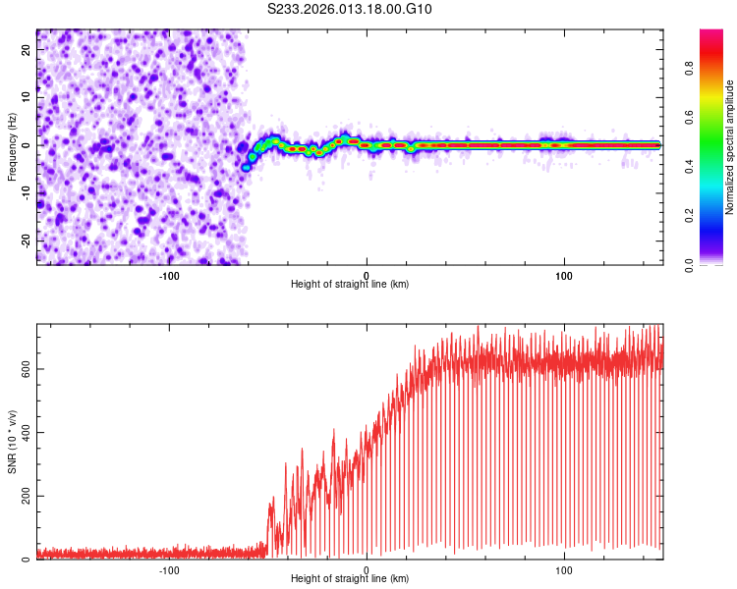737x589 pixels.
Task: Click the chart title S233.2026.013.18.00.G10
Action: (350, 10)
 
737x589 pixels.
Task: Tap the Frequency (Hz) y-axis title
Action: (12, 144)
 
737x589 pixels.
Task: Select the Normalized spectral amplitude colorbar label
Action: (730, 147)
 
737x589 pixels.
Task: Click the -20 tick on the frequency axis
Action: (25, 241)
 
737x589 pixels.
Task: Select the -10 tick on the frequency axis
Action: (25, 192)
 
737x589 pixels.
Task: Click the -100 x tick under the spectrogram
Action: (168, 274)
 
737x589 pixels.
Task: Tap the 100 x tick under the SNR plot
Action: (564, 568)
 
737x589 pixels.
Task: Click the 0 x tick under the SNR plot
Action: (367, 568)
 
